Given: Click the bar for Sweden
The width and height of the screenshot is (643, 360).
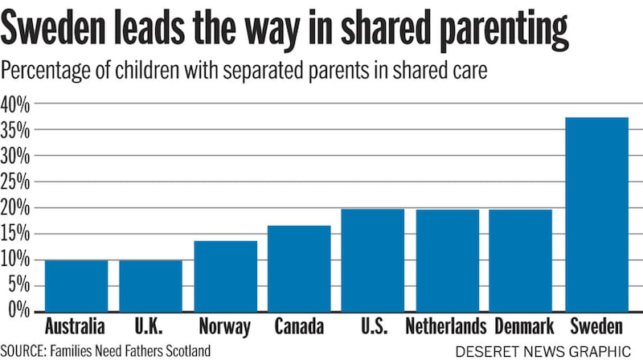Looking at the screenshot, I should coord(596,214).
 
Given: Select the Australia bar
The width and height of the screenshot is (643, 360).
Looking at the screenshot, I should coord(76,285).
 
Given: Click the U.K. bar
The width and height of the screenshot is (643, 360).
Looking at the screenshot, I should coord(150,285).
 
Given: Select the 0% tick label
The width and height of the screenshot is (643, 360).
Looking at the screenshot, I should coord(19,311).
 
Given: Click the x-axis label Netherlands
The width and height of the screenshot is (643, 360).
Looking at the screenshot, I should coord(446,327).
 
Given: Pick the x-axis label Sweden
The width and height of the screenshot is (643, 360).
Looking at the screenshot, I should coord(596,327).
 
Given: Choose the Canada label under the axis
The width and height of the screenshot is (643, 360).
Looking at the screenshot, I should coord(298,327).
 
